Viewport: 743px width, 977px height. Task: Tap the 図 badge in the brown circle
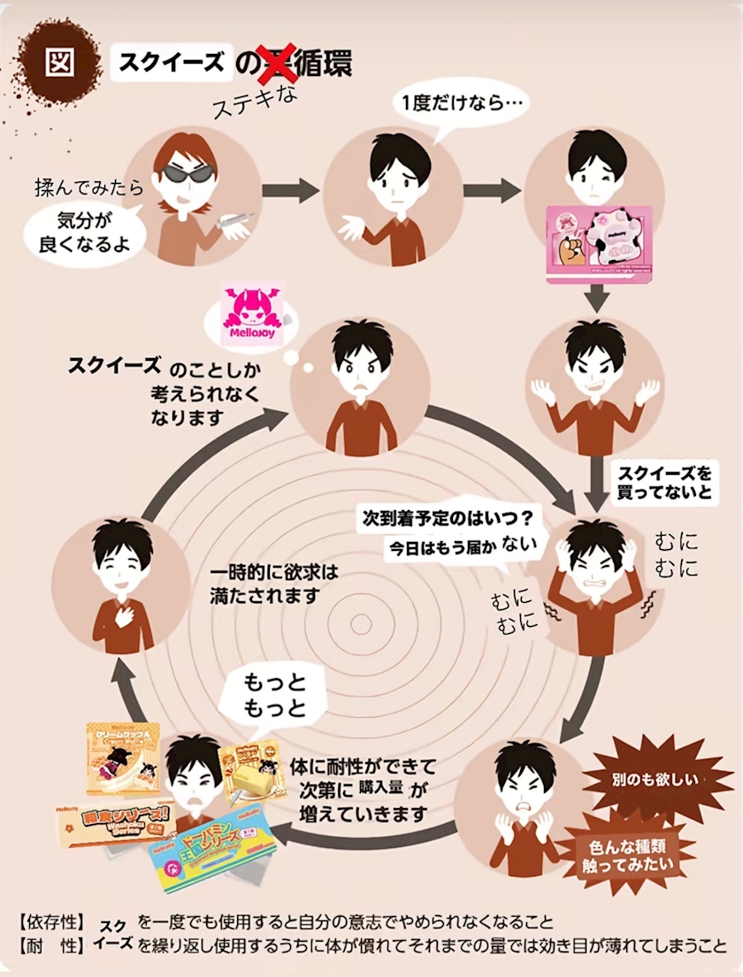pyautogui.click(x=59, y=63)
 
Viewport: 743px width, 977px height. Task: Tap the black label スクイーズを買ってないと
pyautogui.click(x=663, y=482)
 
